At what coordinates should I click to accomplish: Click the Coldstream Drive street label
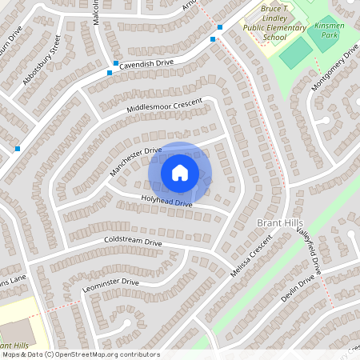click(133, 242)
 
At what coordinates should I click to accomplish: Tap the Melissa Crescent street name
click(247, 260)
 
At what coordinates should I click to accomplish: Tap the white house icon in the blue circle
click(180, 172)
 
